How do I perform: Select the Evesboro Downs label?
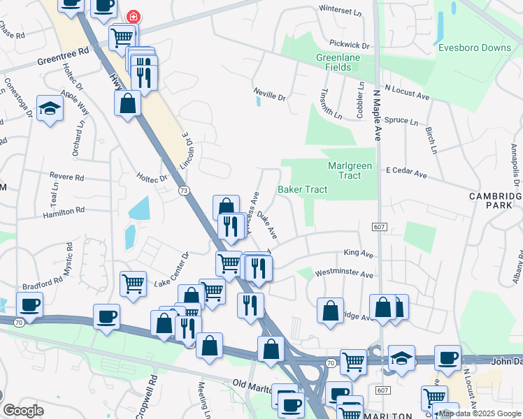click(474, 48)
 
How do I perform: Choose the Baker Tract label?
click(302, 189)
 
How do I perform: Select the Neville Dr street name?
click(270, 98)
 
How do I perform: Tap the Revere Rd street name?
click(66, 177)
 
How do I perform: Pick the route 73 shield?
click(183, 190)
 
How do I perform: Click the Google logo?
click(24, 411)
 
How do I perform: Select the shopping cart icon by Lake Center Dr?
click(133, 284)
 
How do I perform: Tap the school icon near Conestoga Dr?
click(50, 108)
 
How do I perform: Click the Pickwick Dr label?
click(350, 45)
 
